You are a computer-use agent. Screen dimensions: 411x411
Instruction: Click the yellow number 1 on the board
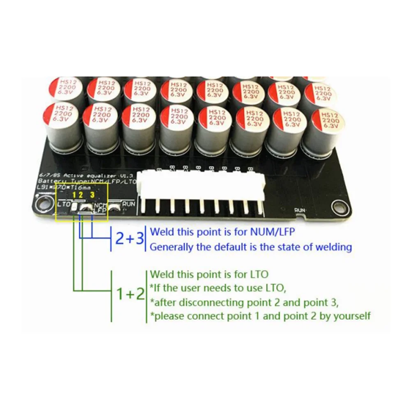click(x=74, y=194)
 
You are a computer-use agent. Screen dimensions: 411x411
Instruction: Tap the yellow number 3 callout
click(x=92, y=194)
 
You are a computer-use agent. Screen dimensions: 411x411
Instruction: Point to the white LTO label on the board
click(x=64, y=204)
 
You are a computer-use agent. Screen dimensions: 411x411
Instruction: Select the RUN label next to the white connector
click(x=129, y=203)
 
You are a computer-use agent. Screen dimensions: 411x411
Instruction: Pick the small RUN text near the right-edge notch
click(x=301, y=210)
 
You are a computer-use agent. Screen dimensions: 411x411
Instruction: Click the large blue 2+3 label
click(x=129, y=238)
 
